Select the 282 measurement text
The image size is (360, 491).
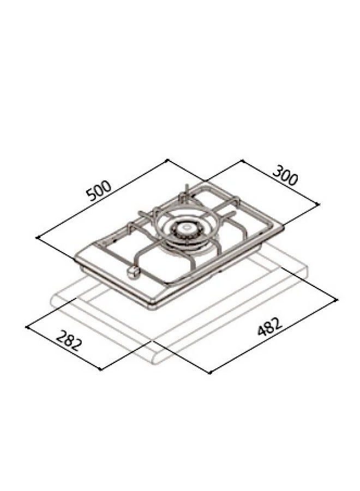[69, 341]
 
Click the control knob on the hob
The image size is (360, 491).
[133, 271]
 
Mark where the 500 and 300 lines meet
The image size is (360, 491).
[166, 160]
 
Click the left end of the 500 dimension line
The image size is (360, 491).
[36, 237]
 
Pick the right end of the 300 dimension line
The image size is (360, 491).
[319, 203]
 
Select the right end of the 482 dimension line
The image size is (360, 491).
[338, 300]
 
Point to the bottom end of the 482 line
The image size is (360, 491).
[209, 374]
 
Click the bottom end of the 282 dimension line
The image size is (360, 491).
[101, 370]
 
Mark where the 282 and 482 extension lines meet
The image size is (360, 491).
[155, 342]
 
